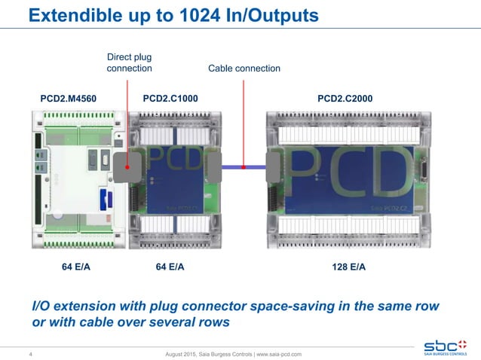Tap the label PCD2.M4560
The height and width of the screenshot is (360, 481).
[x=68, y=98]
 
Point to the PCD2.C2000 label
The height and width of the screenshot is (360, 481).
[x=345, y=98]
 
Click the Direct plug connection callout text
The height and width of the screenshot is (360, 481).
[x=129, y=63]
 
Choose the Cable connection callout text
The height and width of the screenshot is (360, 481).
[x=244, y=69]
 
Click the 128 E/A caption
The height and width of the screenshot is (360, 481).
[x=348, y=267]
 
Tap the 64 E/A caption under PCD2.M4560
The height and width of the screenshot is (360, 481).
[x=77, y=267]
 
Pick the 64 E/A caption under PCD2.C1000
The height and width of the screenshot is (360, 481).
[x=170, y=267]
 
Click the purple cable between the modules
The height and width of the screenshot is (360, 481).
[x=244, y=167]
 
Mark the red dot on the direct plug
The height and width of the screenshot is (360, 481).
[x=129, y=167]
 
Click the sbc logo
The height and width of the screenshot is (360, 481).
[x=444, y=339]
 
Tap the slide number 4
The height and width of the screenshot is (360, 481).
[x=29, y=354]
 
